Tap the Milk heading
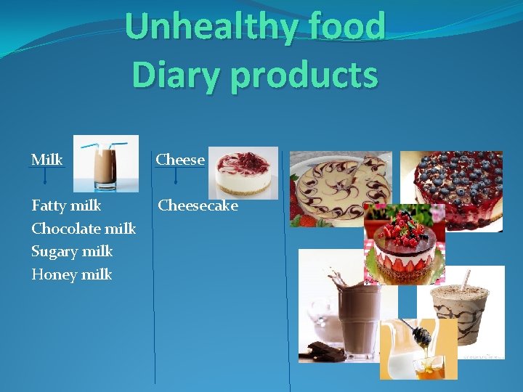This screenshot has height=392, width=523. [x=47, y=159]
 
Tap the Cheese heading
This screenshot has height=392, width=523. [x=181, y=159]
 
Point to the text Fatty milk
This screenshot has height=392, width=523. [x=66, y=205]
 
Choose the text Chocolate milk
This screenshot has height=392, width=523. [x=84, y=229]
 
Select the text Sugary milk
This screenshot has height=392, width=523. [x=72, y=251]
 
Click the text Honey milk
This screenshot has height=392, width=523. [x=72, y=274]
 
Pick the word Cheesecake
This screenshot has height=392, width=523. [x=198, y=205]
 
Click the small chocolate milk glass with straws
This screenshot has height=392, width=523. [x=107, y=163]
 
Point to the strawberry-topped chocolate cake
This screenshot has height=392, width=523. [x=405, y=243]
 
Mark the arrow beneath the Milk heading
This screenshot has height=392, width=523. [x=45, y=176]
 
